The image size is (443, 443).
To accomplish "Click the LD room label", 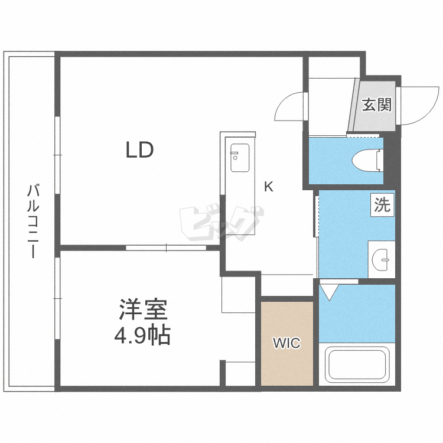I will click(x=139, y=150).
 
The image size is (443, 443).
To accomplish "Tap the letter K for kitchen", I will click(x=268, y=187).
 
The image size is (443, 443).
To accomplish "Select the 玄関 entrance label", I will click(x=376, y=105).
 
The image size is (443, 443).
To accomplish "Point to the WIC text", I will click(x=286, y=343).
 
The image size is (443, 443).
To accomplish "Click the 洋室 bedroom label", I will click(x=144, y=310).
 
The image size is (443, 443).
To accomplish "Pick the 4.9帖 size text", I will click(x=142, y=335).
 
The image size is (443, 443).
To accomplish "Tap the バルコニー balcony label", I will click(x=34, y=221).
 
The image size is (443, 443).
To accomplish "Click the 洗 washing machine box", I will click(x=382, y=205).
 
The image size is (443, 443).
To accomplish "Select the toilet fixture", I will click(x=367, y=159).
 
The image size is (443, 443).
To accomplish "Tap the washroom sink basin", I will click(x=382, y=258).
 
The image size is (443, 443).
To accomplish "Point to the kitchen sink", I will click(x=240, y=158).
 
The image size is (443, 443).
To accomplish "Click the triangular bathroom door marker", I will click(x=328, y=291).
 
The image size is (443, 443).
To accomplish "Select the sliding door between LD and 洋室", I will click(x=167, y=247).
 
